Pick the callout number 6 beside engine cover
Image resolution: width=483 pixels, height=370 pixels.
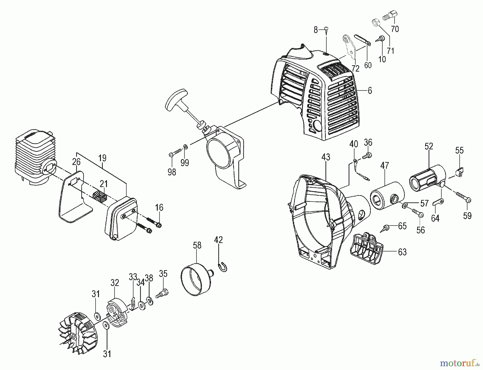pos(370,91)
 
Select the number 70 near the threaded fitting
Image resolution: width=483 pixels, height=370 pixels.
pos(395,29)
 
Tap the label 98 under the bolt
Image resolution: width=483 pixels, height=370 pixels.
pos(172,172)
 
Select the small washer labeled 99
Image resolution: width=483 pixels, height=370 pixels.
pos(185,147)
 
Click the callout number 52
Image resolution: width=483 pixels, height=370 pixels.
pos(429,146)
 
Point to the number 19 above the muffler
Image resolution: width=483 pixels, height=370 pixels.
pos(102,158)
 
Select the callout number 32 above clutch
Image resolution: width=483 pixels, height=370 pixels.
pos(115,283)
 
